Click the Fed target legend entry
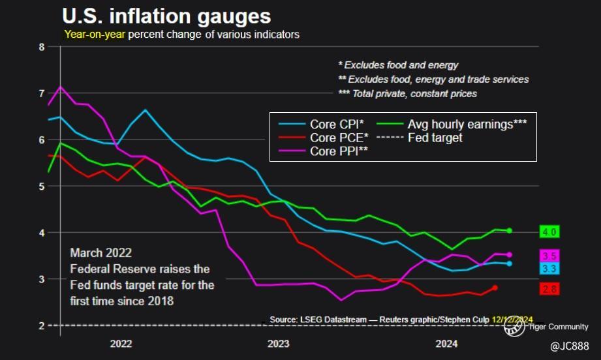433,138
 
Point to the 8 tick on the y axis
41,47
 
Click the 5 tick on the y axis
41,186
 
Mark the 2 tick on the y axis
41,325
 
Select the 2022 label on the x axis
121,344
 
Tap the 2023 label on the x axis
279,344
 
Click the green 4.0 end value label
549,232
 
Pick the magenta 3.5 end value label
549,256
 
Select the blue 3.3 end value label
549,268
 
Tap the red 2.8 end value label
549,288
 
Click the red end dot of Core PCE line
495,288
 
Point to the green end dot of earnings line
509,230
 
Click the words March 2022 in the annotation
101,253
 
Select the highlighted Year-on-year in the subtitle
95,35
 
